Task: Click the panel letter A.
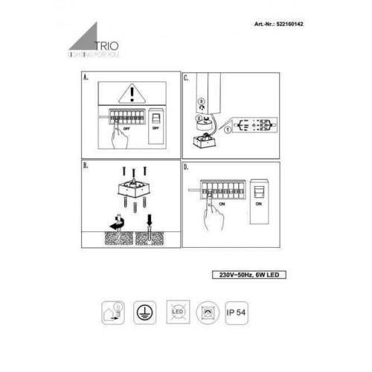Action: pyautogui.click(x=86, y=77)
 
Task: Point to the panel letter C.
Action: pyautogui.click(x=187, y=77)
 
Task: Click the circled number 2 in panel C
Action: pyautogui.click(x=197, y=118)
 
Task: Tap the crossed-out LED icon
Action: pyautogui.click(x=177, y=312)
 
